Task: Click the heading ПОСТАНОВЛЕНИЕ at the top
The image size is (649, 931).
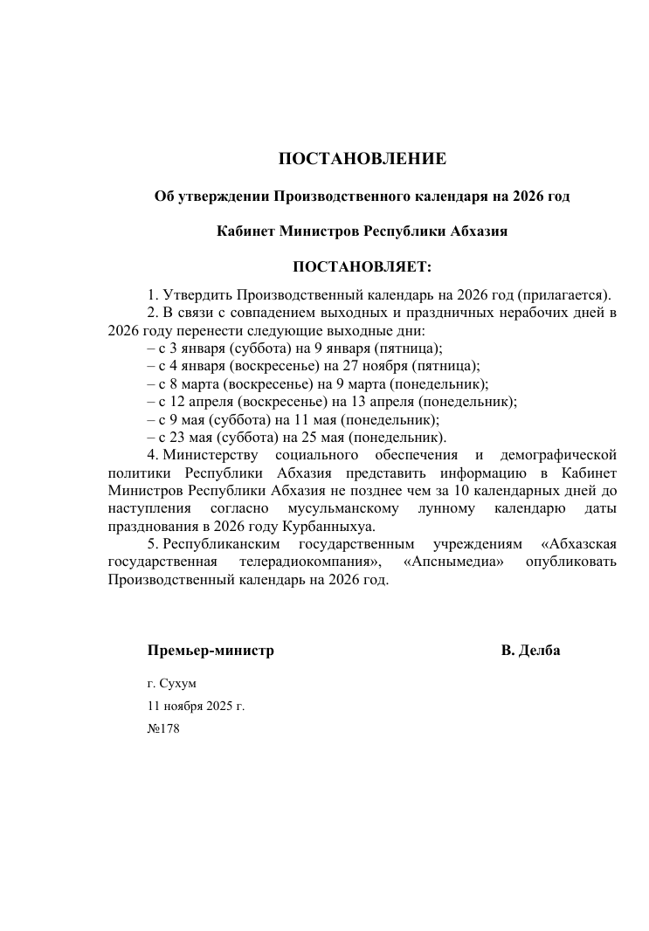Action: click(x=362, y=159)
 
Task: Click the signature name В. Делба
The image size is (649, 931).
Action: click(x=530, y=651)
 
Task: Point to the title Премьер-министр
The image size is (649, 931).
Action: click(x=211, y=651)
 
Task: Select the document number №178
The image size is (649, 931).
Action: click(x=163, y=728)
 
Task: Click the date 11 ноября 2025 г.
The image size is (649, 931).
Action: click(x=196, y=706)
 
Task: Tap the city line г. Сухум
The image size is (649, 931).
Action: click(x=172, y=683)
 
